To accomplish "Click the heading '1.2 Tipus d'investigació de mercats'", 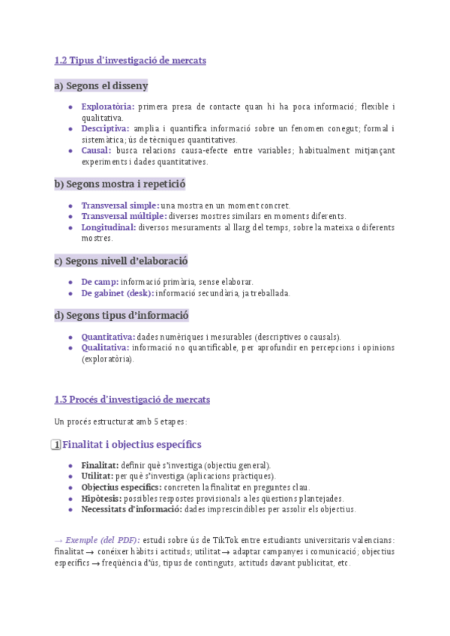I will coord(130,60).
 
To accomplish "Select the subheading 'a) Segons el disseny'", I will coord(101,86).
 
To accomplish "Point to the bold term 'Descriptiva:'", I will coord(105,129).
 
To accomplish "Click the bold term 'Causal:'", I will coord(96,151).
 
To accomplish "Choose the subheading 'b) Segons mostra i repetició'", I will coord(120,184).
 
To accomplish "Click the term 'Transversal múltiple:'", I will coord(124,216).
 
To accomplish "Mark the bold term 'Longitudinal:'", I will coord(109,227).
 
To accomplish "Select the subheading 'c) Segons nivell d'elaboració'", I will coord(121,261).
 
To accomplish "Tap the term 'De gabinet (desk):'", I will coord(118,293).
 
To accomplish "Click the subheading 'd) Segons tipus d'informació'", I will coord(121,316).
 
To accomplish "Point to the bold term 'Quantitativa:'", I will coord(108,337).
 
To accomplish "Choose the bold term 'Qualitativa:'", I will coord(105,348).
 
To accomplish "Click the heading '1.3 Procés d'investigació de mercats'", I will coord(132,400).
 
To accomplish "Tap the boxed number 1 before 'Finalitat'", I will coord(55,445).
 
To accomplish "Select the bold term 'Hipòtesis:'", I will coord(101,499).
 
